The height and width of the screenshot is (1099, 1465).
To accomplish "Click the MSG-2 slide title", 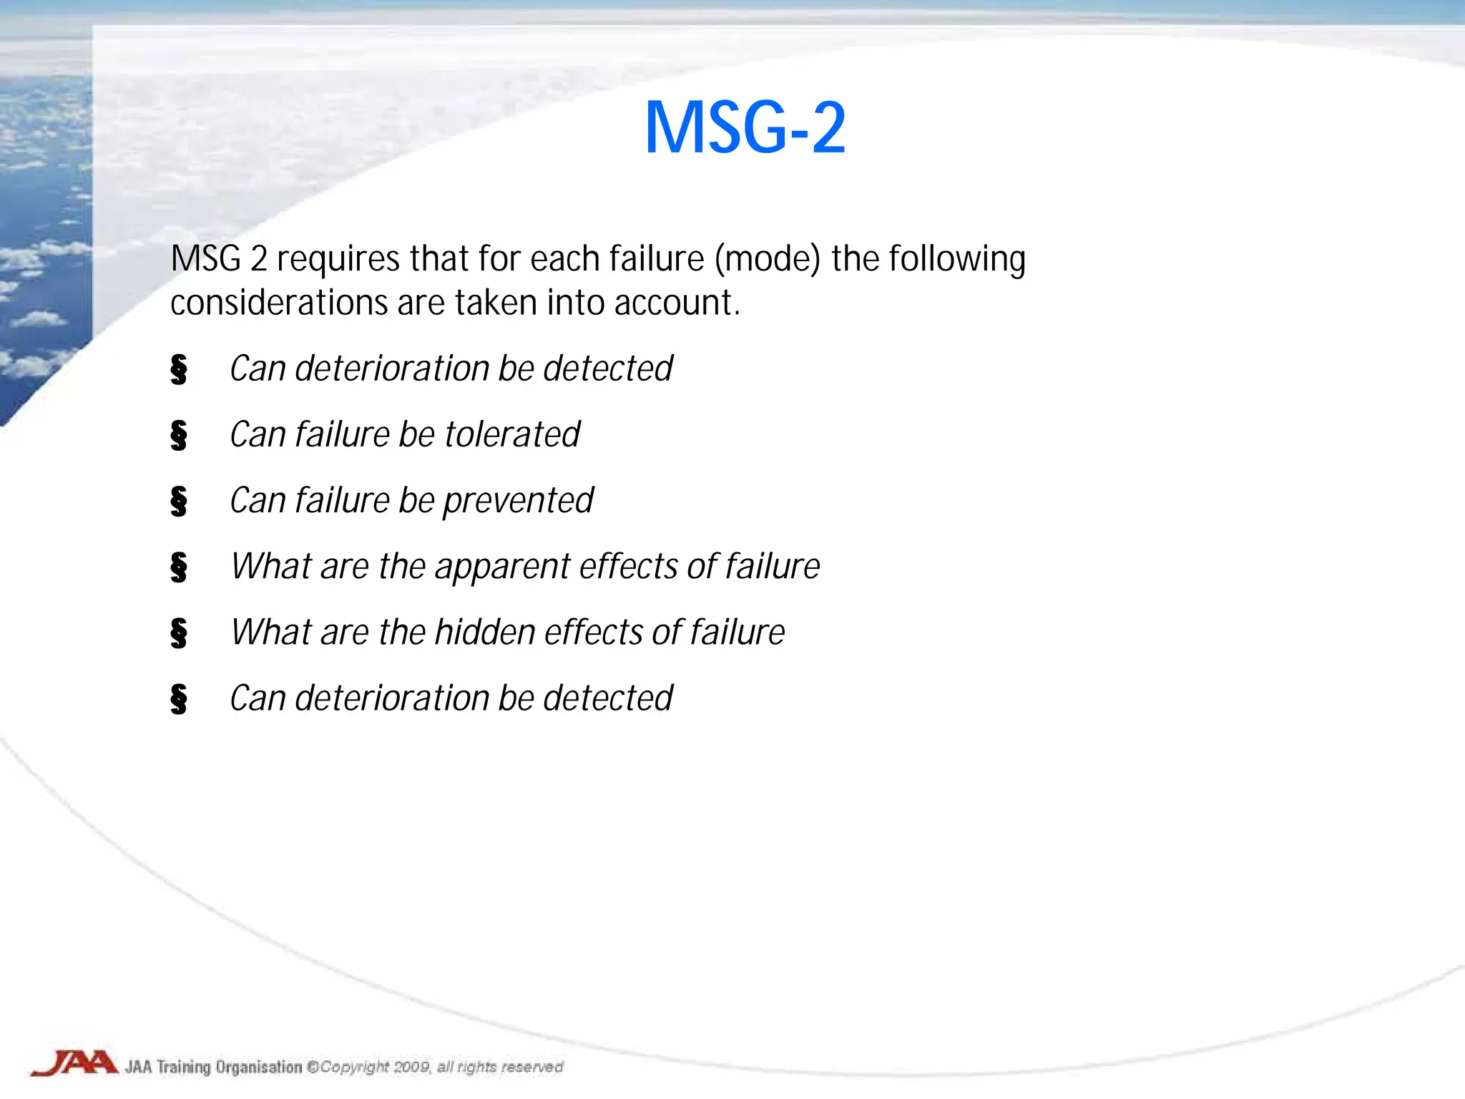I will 745,128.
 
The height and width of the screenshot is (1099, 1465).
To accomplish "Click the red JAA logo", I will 74,1063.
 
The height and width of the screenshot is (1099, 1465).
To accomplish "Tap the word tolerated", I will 512,434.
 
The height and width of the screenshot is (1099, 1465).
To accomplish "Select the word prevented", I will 518,501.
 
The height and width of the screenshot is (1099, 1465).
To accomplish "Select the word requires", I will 338,259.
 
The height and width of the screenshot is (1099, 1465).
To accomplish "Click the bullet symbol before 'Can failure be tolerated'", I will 179,435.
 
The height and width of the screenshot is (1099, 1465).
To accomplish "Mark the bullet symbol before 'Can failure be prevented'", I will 179,501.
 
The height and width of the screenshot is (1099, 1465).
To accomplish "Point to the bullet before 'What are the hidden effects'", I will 179,632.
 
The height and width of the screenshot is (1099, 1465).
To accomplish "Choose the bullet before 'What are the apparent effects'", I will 179,567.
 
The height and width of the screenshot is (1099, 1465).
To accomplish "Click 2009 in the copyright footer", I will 412,1067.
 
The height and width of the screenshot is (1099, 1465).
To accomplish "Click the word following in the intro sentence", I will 957,259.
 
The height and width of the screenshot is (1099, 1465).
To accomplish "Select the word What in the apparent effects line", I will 271,567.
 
